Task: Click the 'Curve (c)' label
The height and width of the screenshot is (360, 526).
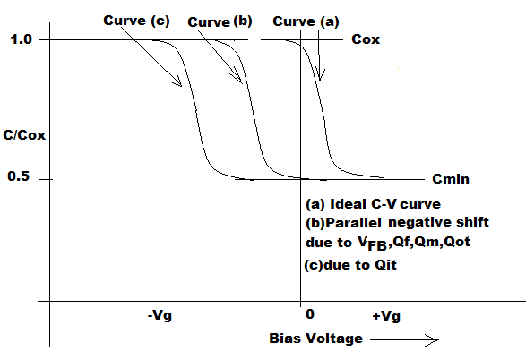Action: click(x=136, y=21)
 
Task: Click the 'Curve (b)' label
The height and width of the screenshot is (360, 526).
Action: click(x=220, y=22)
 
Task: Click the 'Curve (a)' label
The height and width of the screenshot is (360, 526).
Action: click(x=306, y=21)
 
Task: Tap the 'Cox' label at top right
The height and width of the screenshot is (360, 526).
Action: click(x=366, y=39)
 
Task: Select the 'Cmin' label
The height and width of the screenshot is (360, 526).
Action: click(x=451, y=179)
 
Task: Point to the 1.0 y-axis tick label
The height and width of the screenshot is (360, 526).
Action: click(x=22, y=39)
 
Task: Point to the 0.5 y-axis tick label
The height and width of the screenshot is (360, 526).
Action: click(x=19, y=176)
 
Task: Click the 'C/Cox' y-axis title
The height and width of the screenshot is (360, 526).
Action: click(x=24, y=135)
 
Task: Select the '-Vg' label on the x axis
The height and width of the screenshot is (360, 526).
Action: click(x=160, y=316)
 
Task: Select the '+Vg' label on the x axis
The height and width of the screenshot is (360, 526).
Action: click(x=386, y=316)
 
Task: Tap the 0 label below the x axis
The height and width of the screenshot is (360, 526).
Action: click(x=310, y=314)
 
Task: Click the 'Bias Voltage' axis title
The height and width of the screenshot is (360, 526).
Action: click(x=315, y=339)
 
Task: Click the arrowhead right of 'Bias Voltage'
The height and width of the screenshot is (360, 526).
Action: click(x=433, y=340)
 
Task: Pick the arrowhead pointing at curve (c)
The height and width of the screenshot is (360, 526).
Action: click(x=177, y=81)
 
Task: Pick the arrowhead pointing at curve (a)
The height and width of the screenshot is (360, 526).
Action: click(x=321, y=75)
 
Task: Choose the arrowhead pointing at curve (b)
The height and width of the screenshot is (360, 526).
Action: click(x=237, y=77)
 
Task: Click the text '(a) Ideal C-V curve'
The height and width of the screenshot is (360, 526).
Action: click(x=373, y=204)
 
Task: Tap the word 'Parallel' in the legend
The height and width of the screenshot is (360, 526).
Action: click(x=354, y=223)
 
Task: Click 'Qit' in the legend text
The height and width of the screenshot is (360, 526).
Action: click(x=386, y=265)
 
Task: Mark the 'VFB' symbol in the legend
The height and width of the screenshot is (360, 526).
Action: click(x=372, y=244)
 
